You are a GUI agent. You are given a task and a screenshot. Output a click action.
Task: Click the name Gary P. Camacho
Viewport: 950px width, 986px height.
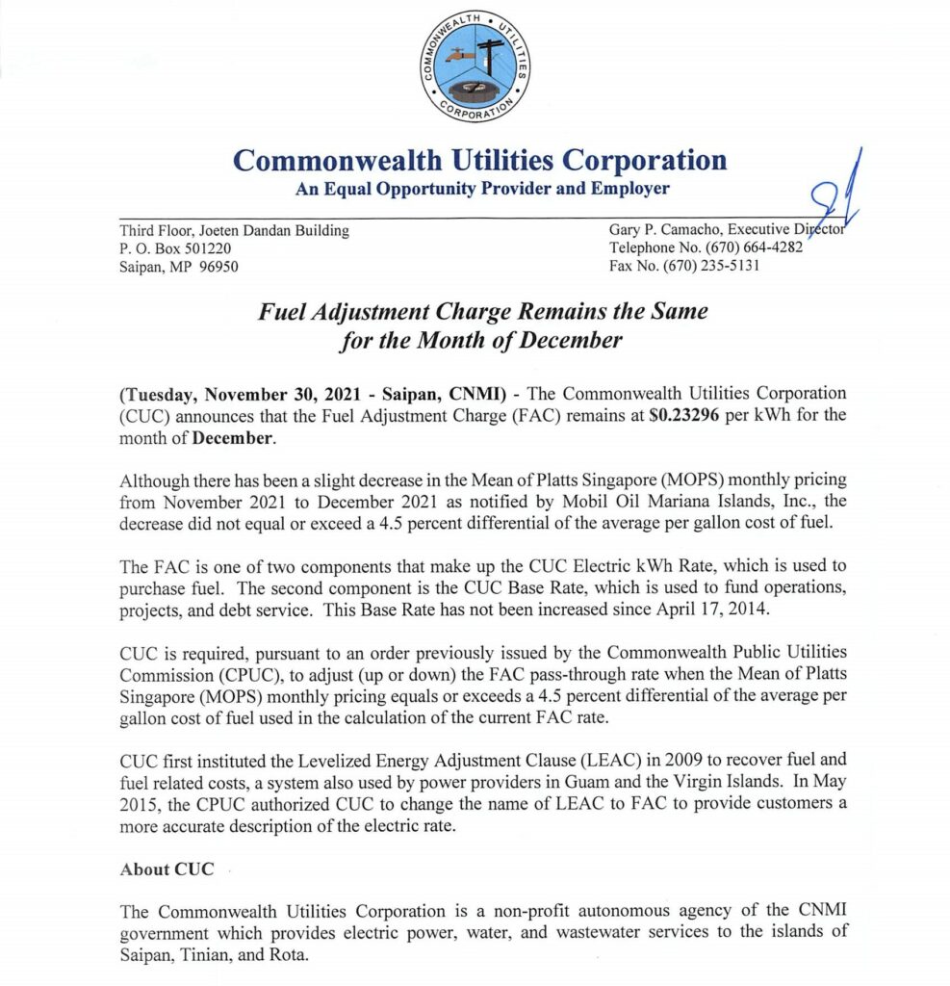coord(665,230)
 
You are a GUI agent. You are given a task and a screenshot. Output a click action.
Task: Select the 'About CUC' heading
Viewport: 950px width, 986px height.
coord(159,869)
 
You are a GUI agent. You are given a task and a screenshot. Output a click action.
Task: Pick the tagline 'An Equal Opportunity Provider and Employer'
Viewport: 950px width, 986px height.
coord(481,189)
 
